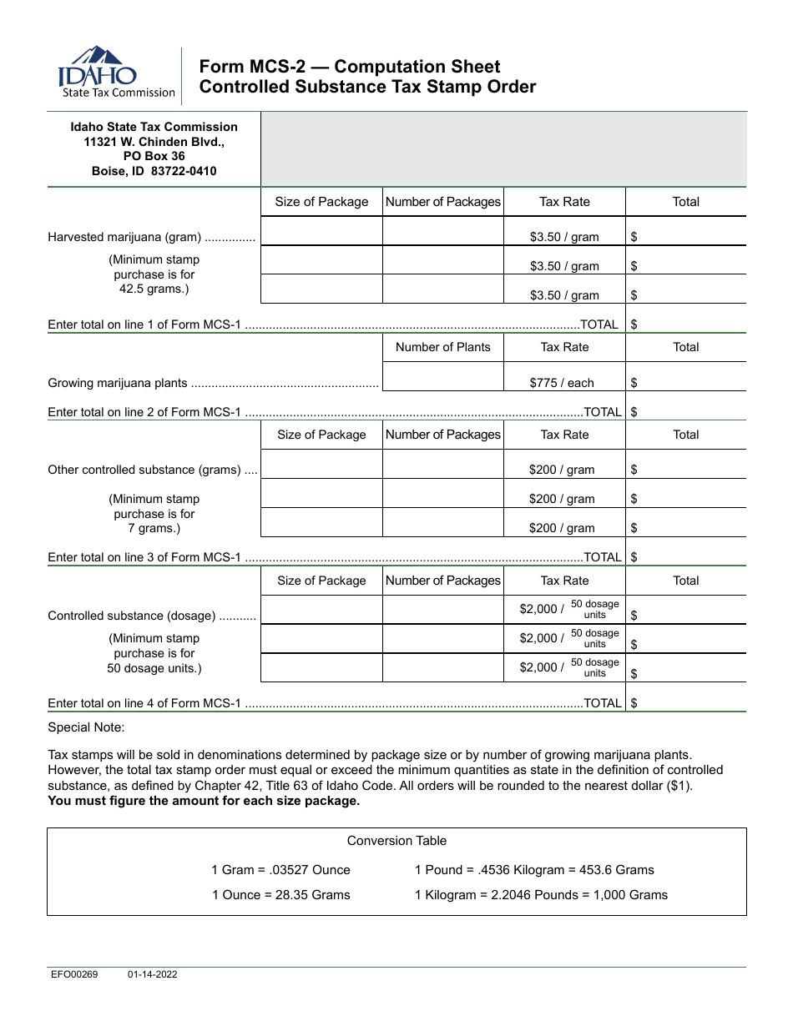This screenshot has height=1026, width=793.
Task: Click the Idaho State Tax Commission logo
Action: [116, 73]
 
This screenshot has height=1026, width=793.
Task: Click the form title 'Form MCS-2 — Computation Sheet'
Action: [349, 67]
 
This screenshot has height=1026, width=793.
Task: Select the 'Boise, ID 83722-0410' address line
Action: [154, 172]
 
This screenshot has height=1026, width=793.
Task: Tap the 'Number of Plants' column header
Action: [442, 347]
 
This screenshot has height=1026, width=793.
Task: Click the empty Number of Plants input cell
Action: [442, 377]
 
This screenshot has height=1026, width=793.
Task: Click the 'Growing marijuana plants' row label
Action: [118, 383]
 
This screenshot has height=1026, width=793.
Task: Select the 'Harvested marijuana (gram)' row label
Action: [124, 237]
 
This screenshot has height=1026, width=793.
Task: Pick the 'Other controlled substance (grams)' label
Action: [144, 470]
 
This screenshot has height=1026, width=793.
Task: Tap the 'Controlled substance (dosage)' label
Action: [132, 616]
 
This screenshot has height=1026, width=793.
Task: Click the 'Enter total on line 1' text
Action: [145, 324]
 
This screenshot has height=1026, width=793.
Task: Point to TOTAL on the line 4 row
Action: [603, 703]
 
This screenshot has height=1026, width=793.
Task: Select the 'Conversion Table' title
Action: [396, 841]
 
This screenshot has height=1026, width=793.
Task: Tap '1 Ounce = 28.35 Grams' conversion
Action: [280, 895]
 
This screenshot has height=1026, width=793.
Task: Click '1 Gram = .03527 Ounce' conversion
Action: [280, 870]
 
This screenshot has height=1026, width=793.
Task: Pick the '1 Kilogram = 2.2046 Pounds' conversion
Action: [541, 895]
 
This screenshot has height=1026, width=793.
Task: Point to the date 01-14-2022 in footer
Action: [152, 974]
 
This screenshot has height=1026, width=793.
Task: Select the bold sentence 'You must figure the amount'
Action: [204, 801]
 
